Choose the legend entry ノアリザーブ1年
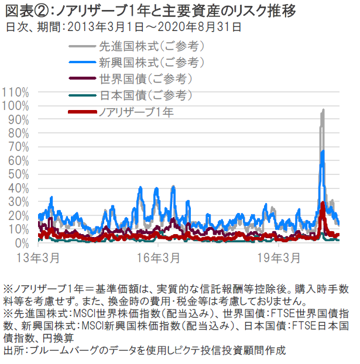coord(136,111)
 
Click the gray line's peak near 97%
coord(323,109)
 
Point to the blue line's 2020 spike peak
coord(323,151)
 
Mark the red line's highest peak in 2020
coord(323,202)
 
